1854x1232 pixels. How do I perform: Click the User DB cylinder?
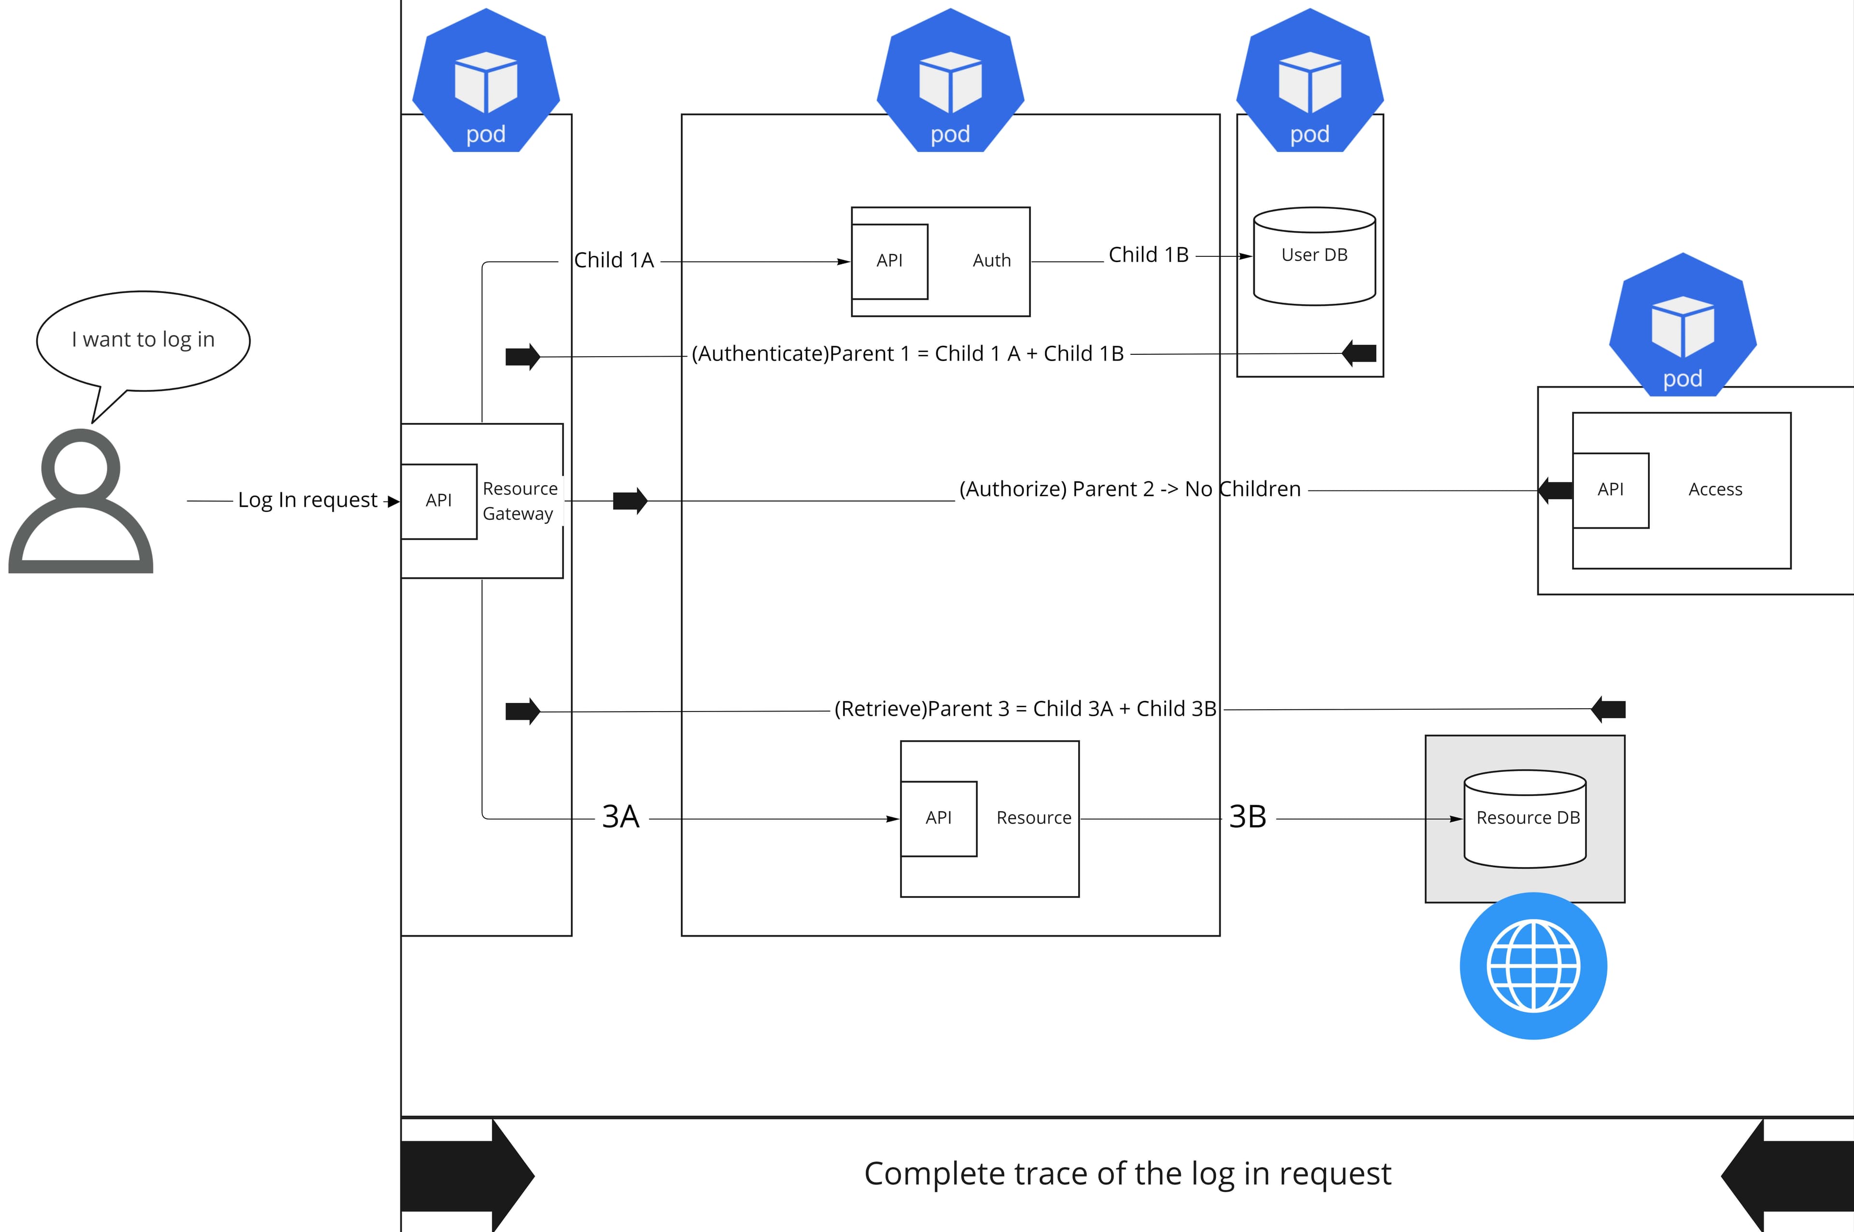tap(1314, 256)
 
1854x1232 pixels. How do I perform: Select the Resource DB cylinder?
tap(1525, 819)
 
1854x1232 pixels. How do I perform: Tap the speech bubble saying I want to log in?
tap(143, 339)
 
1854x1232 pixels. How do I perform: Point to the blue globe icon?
tap(1533, 966)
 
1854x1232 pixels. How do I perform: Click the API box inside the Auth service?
tap(889, 261)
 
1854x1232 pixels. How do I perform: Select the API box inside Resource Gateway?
tap(438, 501)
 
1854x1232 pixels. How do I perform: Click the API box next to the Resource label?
tap(938, 818)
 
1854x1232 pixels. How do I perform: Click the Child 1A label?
tap(614, 260)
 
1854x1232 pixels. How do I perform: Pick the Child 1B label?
tap(1148, 255)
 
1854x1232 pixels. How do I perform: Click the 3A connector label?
tap(620, 817)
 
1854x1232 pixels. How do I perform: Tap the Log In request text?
tap(307, 501)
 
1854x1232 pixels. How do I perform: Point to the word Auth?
tap(991, 261)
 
